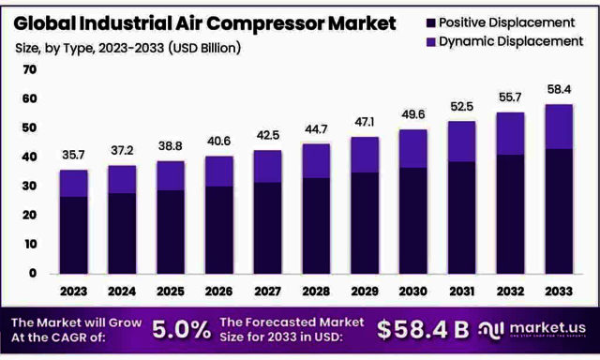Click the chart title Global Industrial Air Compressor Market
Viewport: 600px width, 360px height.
[x=202, y=22]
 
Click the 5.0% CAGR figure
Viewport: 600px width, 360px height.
[x=181, y=329]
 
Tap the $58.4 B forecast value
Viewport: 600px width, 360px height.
[x=423, y=329]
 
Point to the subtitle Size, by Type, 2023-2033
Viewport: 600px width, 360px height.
[x=127, y=47]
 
